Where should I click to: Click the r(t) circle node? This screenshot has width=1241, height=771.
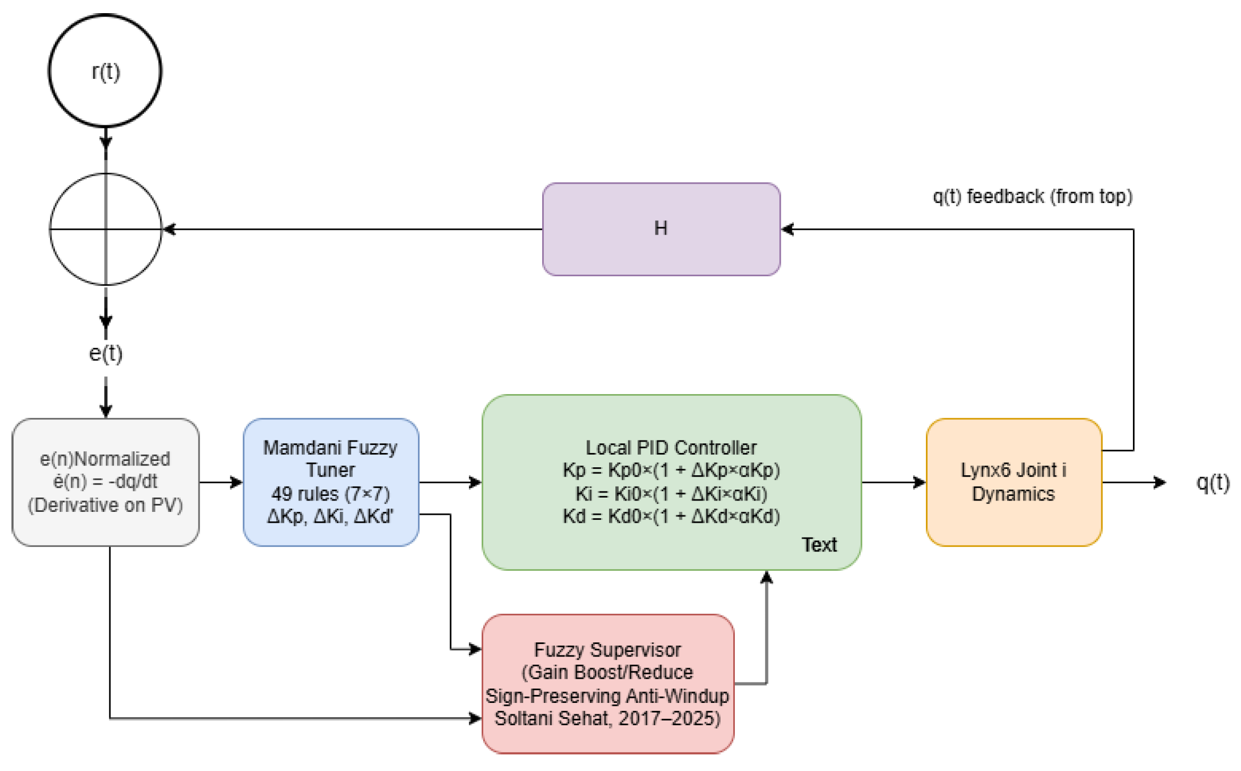pos(105,71)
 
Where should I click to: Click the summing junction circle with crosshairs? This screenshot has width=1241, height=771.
pos(106,229)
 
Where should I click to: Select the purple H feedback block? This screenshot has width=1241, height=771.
pos(661,229)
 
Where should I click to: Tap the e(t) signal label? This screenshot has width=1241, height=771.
pos(106,353)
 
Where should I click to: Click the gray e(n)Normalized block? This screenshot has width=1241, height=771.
pos(106,482)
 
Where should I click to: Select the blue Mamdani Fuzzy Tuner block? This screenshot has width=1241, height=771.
pos(331,482)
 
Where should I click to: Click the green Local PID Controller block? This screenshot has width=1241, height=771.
pos(671,482)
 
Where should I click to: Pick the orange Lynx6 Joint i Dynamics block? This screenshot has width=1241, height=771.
pos(1013,482)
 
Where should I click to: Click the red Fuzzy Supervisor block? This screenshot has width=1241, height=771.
pos(607,683)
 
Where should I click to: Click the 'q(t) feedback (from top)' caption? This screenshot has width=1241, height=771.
pos(1032,196)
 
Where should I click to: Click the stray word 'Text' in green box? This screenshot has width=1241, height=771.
pos(818,545)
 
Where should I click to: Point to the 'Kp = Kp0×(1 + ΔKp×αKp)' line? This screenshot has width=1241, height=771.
pos(671,470)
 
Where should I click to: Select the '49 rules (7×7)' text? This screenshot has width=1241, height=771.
pos(331,493)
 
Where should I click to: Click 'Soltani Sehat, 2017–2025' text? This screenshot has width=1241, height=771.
pos(607,718)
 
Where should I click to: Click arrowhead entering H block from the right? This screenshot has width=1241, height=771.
pos(788,229)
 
